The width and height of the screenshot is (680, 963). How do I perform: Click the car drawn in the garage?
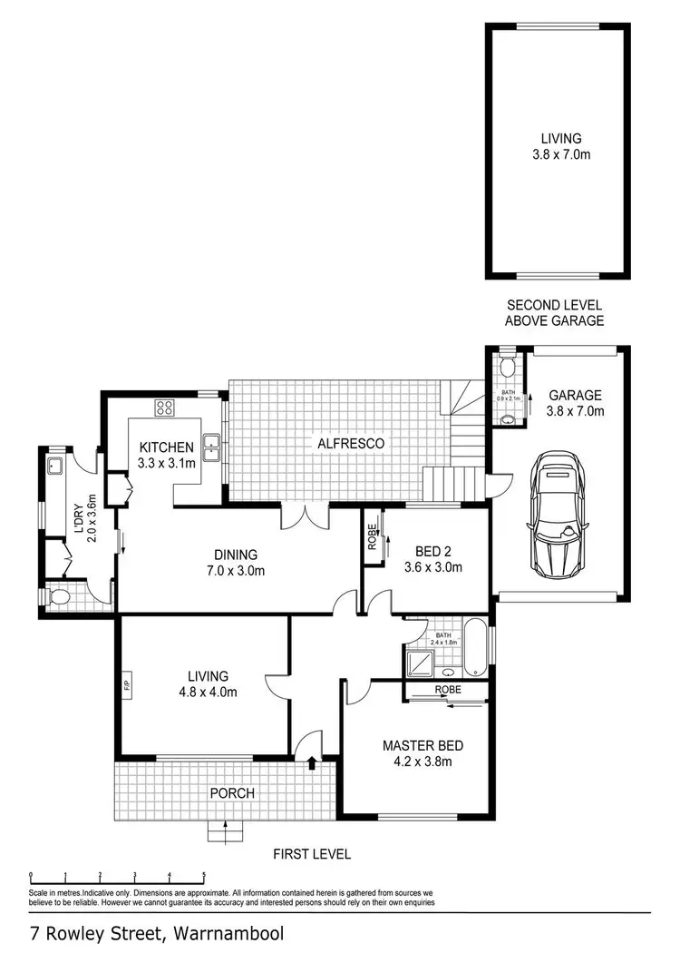(x=558, y=516)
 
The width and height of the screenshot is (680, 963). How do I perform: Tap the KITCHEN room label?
(x=166, y=455)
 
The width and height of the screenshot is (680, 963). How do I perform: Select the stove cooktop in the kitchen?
(x=166, y=408)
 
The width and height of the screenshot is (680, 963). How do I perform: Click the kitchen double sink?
(x=211, y=446)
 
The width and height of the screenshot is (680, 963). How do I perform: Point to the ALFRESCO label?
(x=351, y=444)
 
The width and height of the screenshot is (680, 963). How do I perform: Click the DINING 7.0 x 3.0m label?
(x=236, y=563)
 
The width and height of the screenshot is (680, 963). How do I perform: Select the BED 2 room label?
(x=432, y=559)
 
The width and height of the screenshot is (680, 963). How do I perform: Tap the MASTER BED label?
(x=417, y=753)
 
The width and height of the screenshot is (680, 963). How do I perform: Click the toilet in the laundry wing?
(x=59, y=598)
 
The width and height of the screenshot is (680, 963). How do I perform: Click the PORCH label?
(x=232, y=793)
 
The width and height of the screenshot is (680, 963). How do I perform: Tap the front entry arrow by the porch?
(x=312, y=763)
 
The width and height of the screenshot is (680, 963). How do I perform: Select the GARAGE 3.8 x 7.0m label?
(x=576, y=403)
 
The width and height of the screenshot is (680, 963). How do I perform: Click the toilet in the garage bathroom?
(x=507, y=368)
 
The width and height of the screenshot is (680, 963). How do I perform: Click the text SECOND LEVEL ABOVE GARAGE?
(x=555, y=313)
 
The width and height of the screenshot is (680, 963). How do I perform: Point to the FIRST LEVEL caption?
(x=312, y=854)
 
